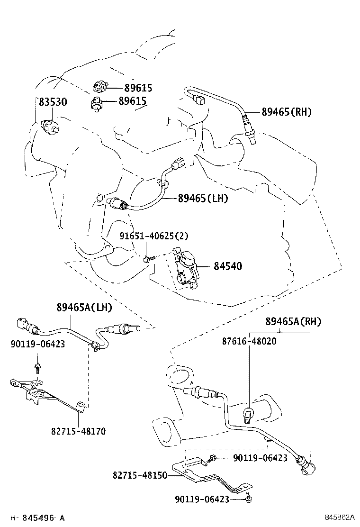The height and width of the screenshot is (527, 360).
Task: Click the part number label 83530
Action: pos(53,102)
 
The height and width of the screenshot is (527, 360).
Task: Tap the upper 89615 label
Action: pos(138,88)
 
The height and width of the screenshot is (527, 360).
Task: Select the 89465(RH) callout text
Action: pos(287,112)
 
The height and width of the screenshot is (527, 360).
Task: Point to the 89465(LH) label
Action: pos(203,199)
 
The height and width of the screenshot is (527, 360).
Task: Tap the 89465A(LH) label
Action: pos(84,308)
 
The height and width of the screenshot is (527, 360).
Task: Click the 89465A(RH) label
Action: pos(293,322)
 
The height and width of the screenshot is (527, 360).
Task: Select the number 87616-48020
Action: pos(249,341)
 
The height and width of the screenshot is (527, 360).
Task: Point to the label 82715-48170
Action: pos(78,431)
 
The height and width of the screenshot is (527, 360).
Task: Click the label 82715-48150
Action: pos(140,475)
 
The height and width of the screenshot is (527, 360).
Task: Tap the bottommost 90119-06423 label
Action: pos(202,499)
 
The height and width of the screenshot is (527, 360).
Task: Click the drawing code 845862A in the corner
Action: pos(340,518)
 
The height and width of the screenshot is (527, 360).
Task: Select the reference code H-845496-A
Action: pos(37,518)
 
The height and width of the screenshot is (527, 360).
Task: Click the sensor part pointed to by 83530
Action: pos(50,126)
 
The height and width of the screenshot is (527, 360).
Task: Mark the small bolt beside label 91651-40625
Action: pos(148,259)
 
